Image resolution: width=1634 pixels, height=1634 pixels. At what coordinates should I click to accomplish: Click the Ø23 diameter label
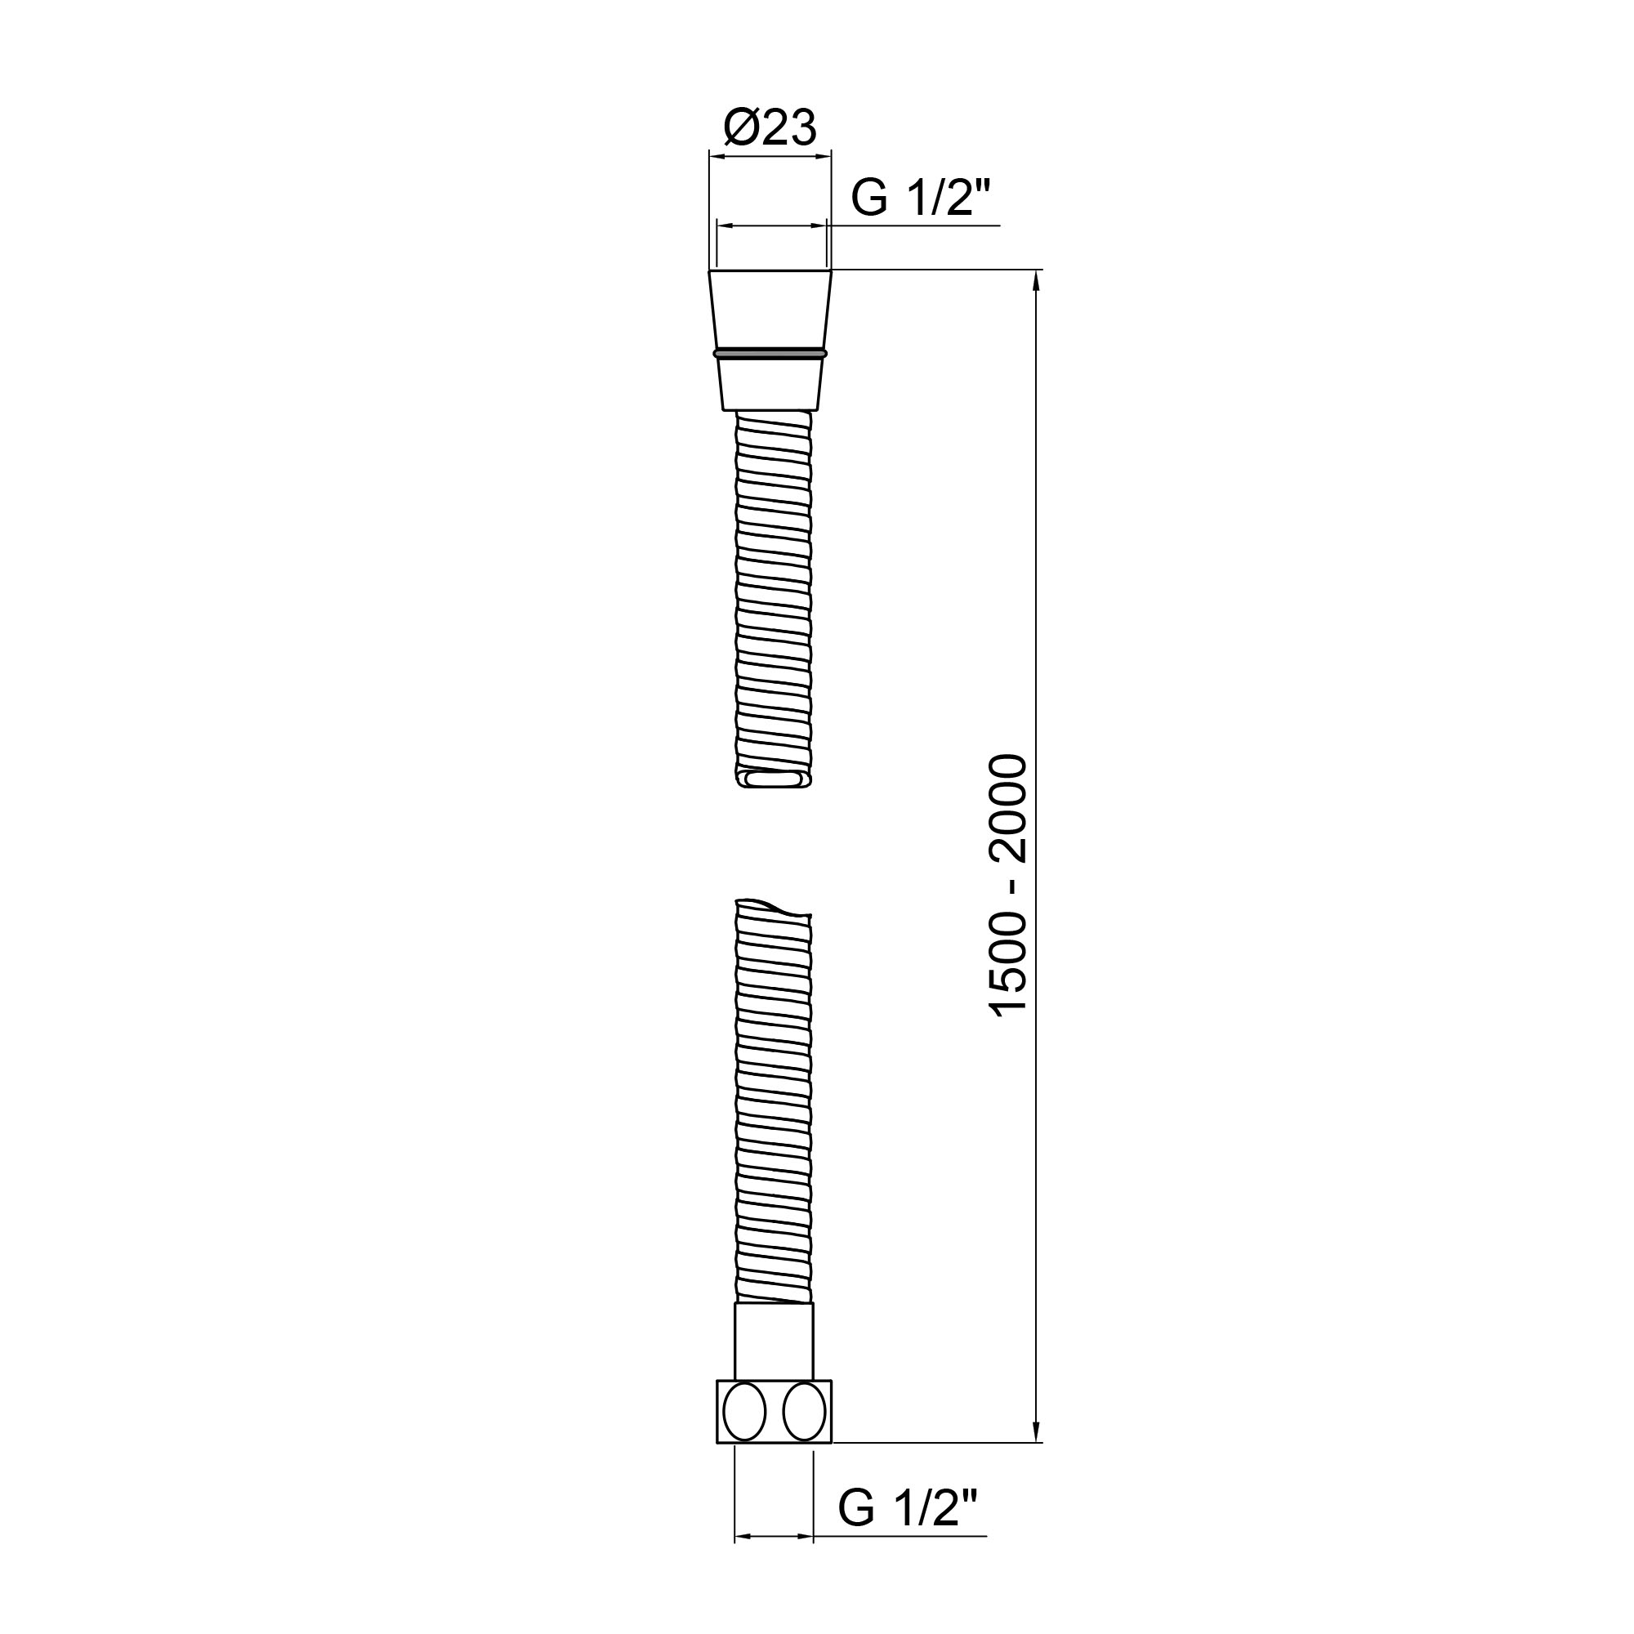click(770, 129)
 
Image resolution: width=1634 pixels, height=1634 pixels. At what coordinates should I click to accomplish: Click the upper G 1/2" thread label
click(920, 198)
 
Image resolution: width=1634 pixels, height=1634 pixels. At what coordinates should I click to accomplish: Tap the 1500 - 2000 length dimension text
click(1009, 885)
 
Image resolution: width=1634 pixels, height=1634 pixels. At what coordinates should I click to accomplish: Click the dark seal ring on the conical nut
click(769, 352)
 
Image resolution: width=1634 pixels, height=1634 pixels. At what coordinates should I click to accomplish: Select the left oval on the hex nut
click(744, 1413)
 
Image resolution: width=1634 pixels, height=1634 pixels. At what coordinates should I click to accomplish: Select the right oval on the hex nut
click(803, 1413)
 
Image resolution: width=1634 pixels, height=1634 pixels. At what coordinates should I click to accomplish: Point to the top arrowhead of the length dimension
click(1037, 279)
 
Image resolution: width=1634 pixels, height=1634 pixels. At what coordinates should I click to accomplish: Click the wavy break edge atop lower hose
click(773, 909)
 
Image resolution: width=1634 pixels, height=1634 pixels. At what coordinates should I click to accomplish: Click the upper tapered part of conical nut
click(769, 309)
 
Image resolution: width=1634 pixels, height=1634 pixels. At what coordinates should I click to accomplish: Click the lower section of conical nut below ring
click(770, 385)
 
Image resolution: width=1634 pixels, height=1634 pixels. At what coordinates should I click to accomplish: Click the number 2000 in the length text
click(1009, 807)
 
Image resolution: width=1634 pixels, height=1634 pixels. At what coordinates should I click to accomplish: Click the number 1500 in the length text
click(1009, 964)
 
